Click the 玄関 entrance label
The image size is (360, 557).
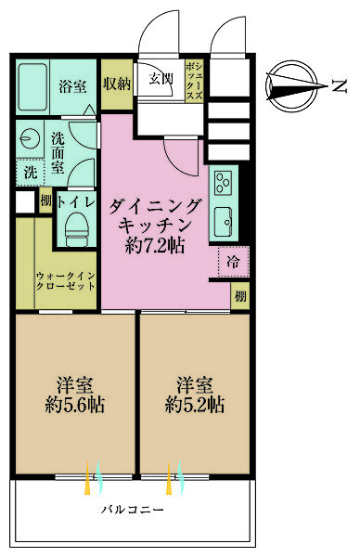[161, 79]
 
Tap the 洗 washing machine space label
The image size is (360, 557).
[28, 172]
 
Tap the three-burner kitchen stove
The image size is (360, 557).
[225, 181]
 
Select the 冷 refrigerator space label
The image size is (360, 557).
[233, 263]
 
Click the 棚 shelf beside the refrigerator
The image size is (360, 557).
[240, 296]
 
